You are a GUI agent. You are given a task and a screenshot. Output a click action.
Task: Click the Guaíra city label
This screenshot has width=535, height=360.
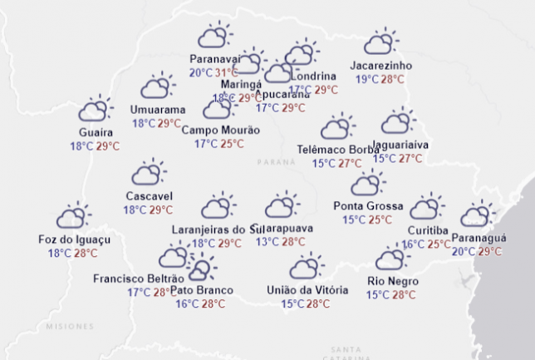(96, 132)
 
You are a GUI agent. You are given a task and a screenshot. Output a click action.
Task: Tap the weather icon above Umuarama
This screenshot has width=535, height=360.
(157, 86)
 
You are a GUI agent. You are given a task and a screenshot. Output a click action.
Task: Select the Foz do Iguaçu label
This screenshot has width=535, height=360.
(75, 239)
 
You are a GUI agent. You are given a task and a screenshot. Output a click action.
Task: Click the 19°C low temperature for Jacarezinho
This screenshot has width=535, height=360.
(366, 79)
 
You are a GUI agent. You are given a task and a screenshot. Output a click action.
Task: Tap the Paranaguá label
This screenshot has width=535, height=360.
(477, 238)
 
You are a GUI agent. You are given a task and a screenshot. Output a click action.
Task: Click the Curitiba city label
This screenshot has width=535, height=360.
(428, 230)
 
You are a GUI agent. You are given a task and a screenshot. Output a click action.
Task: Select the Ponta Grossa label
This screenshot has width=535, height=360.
(368, 205)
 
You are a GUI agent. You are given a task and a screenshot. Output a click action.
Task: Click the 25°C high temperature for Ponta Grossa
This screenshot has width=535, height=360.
(380, 220)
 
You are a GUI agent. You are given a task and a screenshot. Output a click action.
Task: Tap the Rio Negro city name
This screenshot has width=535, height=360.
(392, 280)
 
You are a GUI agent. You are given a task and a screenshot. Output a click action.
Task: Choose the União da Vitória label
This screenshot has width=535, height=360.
(306, 289)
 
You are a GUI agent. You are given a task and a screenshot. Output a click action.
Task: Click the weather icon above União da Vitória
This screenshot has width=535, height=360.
(307, 267)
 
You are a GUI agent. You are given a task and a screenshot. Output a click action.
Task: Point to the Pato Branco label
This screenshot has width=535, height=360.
(201, 289)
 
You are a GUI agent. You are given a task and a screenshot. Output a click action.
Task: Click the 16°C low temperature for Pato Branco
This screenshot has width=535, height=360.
(187, 303)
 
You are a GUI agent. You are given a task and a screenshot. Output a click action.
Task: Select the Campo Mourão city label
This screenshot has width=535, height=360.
(220, 130)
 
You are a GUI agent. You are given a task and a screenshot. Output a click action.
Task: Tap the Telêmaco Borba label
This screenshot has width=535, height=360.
(337, 150)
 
